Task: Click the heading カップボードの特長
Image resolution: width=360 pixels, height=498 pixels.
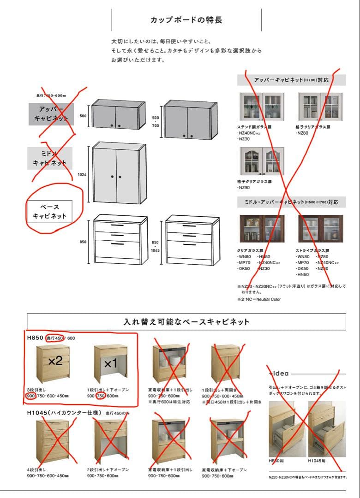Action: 186,20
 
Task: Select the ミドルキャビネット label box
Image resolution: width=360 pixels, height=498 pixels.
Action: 50,158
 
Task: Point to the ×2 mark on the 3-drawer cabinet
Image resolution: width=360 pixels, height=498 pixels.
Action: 55,361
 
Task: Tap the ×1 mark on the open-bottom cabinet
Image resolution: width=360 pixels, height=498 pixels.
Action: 111,363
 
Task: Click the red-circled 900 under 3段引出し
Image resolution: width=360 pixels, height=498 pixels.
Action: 31,396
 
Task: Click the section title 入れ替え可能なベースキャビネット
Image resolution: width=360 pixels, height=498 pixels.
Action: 186,322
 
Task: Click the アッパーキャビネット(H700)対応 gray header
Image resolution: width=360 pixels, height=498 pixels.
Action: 291,80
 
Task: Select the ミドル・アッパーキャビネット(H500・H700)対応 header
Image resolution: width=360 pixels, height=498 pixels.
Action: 291,202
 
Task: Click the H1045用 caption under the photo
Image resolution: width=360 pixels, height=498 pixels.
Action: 317,460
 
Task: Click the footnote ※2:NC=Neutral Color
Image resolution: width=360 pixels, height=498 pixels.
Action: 258,299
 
